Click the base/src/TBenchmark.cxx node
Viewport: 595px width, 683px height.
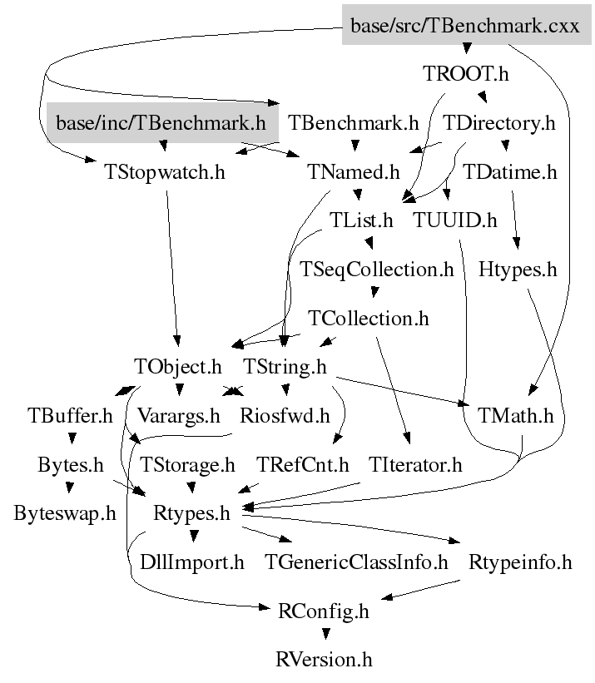466,25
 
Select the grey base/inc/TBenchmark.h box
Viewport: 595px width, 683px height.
162,122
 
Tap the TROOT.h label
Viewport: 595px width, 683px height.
466,73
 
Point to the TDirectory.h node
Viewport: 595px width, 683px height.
499,123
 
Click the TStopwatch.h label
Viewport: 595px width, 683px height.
165,172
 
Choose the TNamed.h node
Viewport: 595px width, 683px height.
354,172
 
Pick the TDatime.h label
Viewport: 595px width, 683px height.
509,172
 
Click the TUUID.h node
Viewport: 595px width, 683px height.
454,220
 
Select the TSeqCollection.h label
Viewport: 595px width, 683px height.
377,270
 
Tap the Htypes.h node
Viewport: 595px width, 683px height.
518,270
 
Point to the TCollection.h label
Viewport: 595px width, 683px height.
369,319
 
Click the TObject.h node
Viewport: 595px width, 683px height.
178,367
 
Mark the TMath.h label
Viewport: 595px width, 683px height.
516,416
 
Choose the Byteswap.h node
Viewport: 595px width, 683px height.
65,513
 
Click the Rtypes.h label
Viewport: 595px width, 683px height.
191,513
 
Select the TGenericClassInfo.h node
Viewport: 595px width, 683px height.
356,562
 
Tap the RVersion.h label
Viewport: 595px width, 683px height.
324,659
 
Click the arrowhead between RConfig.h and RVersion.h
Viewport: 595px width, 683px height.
325,634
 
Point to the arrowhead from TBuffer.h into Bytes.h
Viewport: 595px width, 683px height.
72,438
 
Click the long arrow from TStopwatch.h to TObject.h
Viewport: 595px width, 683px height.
171,269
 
